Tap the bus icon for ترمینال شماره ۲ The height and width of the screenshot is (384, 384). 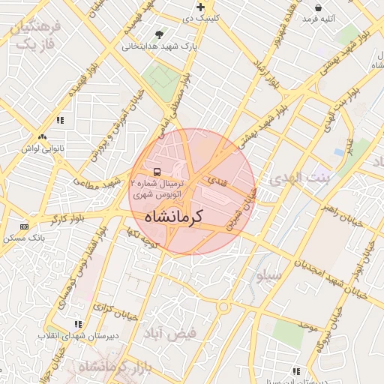pos(156,170)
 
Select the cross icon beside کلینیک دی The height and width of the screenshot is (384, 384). pos(200,7)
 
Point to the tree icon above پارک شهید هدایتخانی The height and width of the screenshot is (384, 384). pos(158,34)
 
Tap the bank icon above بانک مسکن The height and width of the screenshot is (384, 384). pos(25,226)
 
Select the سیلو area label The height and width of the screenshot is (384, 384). pos(269,276)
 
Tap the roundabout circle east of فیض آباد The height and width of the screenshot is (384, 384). pos(223,307)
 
